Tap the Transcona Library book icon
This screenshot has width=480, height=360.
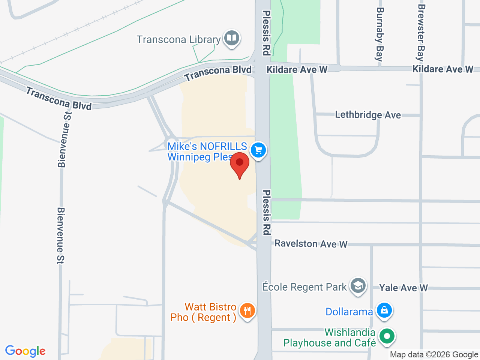pyautogui.click(x=232, y=38)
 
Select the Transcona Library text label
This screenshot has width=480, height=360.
pyautogui.click(x=178, y=39)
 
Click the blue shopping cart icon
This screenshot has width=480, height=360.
pyautogui.click(x=258, y=150)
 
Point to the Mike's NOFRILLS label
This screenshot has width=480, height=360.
pyautogui.click(x=207, y=151)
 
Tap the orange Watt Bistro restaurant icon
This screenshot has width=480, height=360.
pyautogui.click(x=247, y=311)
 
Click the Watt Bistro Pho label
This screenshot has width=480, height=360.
pyautogui.click(x=204, y=312)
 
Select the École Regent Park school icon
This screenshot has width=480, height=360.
pyautogui.click(x=358, y=286)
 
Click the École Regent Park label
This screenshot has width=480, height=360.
pyautogui.click(x=304, y=287)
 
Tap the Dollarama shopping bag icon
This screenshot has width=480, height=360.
pyautogui.click(x=384, y=310)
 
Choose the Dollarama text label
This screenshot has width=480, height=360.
pyautogui.click(x=349, y=312)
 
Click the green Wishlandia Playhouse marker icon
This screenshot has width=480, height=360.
pyautogui.click(x=387, y=336)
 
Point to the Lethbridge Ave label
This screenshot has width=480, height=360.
pyautogui.click(x=368, y=115)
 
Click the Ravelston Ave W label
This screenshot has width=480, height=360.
pyautogui.click(x=311, y=244)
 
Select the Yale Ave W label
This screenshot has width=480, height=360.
pyautogui.click(x=403, y=288)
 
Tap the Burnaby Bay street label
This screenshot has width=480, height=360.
pyautogui.click(x=379, y=34)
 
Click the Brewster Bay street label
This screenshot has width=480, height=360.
pyautogui.click(x=421, y=33)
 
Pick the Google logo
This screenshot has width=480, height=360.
pyautogui.click(x=25, y=351)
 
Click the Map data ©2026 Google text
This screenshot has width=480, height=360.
pyautogui.click(x=434, y=354)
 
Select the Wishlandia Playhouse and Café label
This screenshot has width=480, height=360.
pyautogui.click(x=330, y=337)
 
